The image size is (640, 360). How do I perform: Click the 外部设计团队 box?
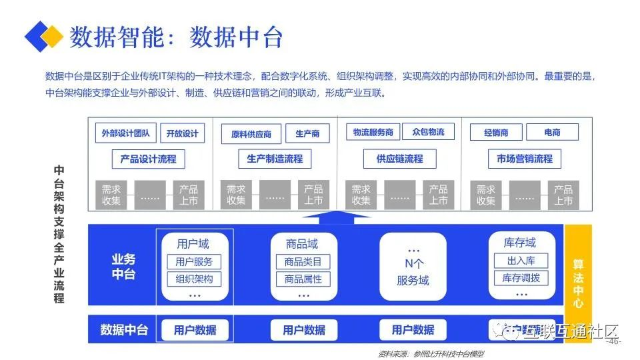(125, 133)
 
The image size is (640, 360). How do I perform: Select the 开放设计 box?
(182, 133)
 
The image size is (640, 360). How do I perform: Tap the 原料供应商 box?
(251, 134)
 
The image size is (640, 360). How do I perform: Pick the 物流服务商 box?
(373, 132)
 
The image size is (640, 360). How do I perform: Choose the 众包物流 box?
(428, 132)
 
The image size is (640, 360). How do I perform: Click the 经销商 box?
(496, 133)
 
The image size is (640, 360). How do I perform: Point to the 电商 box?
(552, 133)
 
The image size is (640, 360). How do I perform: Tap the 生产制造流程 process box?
(275, 159)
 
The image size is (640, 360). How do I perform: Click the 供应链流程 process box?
(400, 159)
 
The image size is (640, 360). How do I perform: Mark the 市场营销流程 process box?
(525, 159)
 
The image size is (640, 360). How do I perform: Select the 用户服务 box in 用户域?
(194, 262)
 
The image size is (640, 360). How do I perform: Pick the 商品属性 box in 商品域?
(303, 279)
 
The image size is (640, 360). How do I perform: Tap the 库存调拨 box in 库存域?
(521, 277)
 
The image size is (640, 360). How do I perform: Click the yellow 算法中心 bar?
(578, 283)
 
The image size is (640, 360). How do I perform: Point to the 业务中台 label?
(123, 267)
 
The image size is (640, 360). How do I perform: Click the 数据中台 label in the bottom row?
(124, 329)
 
